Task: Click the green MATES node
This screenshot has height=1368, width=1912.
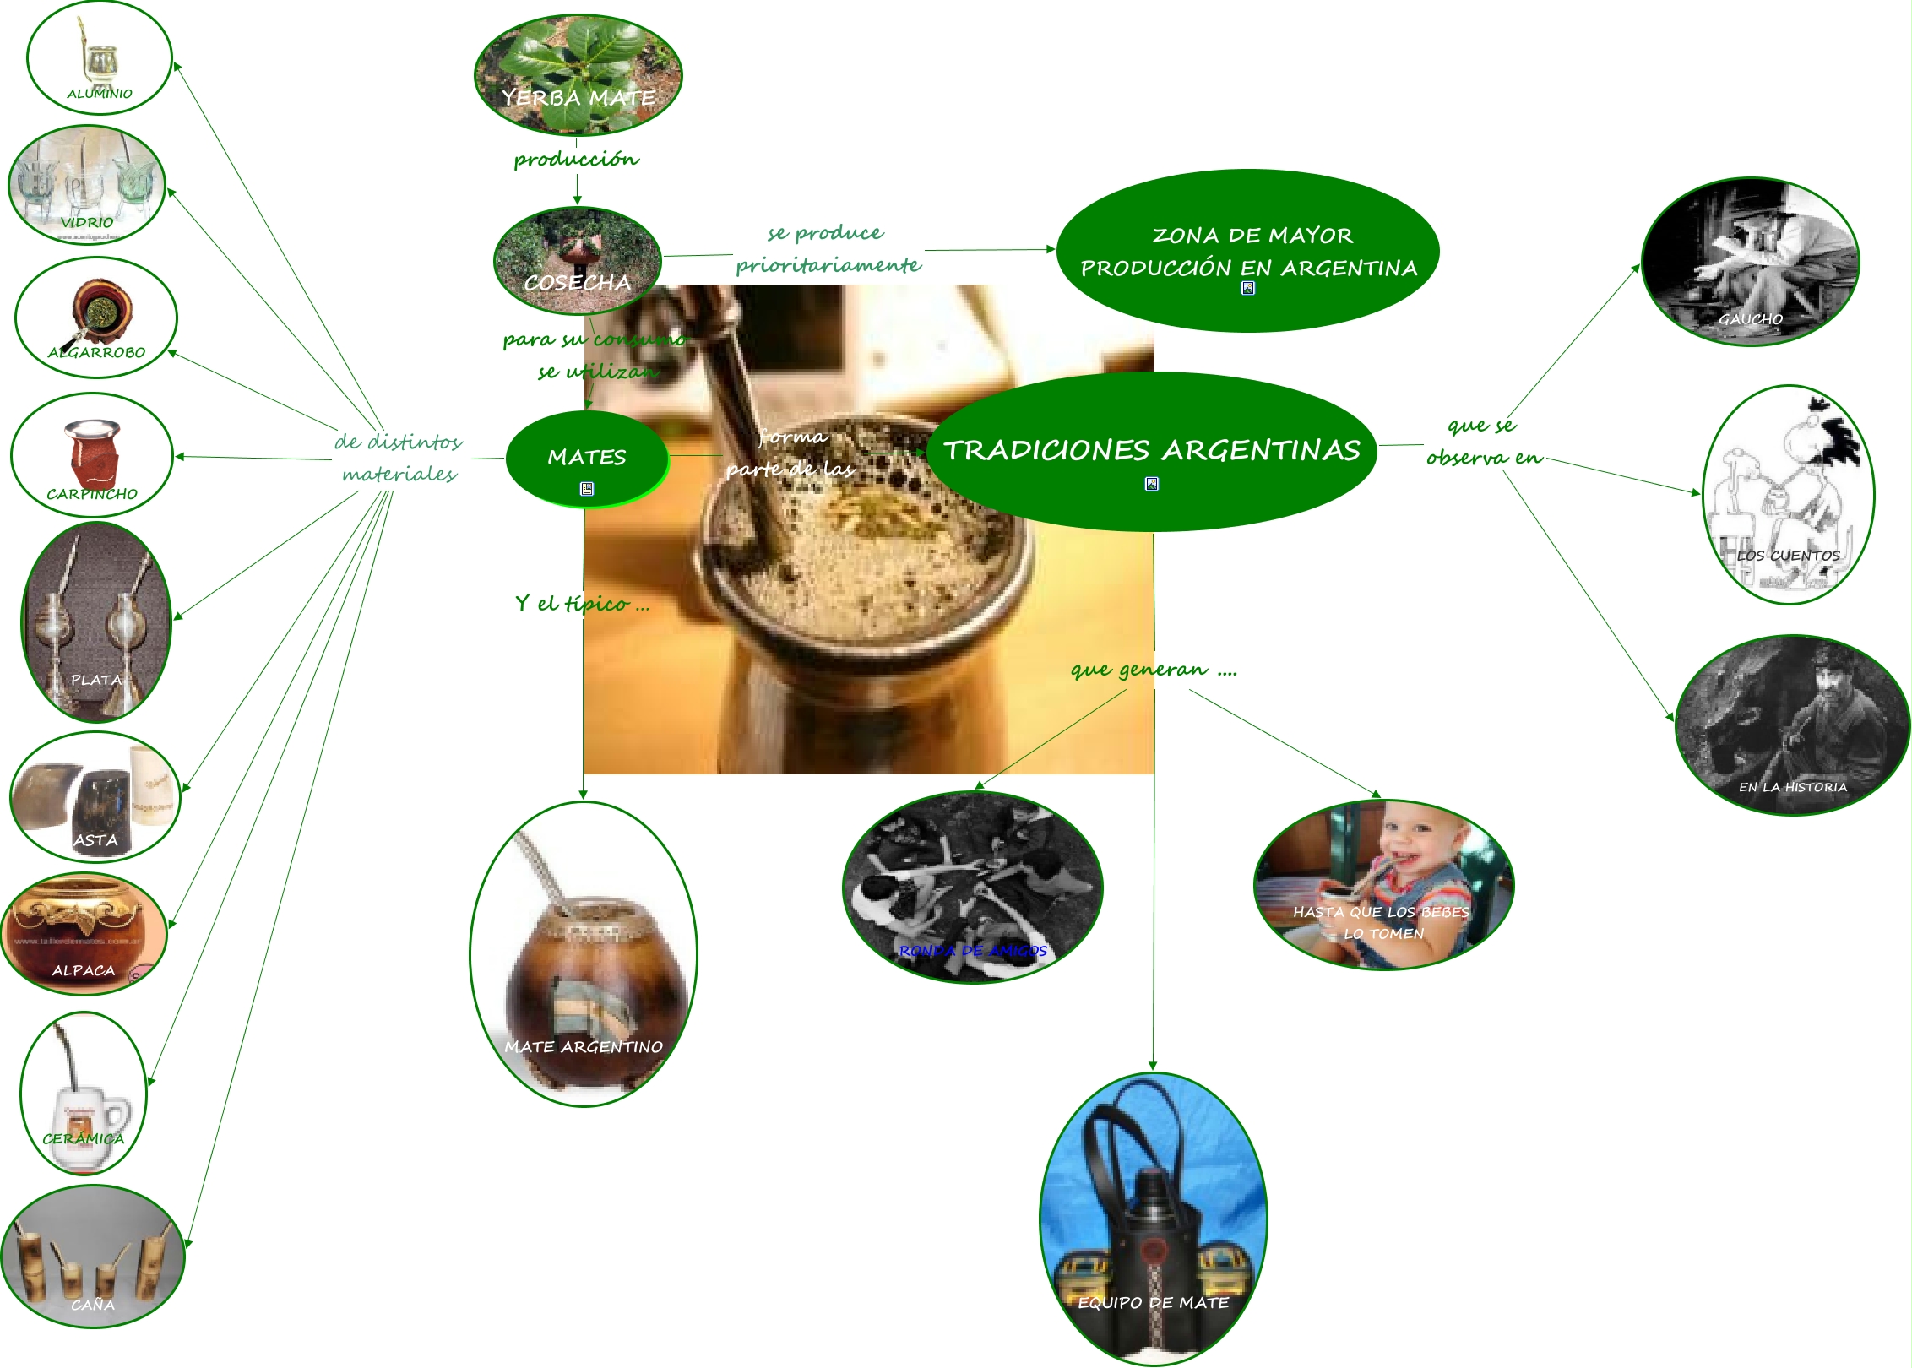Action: coord(587,458)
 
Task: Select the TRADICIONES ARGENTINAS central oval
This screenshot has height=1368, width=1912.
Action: coord(1152,450)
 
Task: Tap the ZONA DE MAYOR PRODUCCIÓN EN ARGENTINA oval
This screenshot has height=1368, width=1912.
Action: coord(1248,251)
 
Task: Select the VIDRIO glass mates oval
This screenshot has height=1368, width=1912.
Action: coord(87,184)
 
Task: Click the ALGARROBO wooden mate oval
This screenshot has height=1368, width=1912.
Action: coord(96,317)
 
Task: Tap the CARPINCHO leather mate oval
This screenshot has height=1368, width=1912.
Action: coord(92,454)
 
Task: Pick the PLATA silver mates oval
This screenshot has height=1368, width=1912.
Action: coord(96,622)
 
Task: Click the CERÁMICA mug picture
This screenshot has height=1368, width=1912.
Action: coord(84,1093)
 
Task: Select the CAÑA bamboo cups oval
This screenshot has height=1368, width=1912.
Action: coord(93,1256)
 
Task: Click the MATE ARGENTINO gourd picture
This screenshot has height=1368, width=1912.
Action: coord(584,954)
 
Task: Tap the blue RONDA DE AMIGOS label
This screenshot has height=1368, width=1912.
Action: coord(973,951)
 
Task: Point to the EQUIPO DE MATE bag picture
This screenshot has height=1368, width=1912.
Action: coord(1154,1219)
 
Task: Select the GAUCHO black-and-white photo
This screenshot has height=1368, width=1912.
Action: coord(1751,261)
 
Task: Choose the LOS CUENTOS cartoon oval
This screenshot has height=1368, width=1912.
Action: coord(1789,495)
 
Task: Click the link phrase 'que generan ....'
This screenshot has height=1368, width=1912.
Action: coord(1154,670)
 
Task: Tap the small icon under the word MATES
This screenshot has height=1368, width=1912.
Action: coord(587,489)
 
